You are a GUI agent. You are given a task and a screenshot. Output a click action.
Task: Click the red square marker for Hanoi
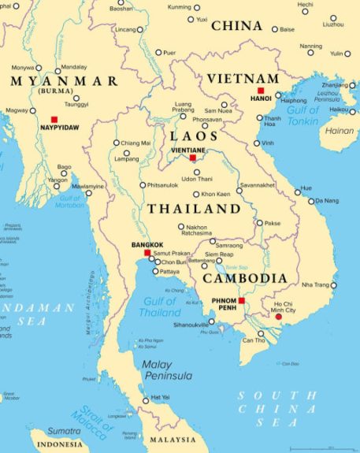point(261,91)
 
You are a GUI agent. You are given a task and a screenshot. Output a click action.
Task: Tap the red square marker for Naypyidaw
point(54,119)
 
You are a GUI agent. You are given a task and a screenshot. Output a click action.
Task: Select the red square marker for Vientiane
point(192,158)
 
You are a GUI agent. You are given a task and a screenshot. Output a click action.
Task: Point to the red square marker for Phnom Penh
point(242,300)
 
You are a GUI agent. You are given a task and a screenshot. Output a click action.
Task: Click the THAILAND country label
point(194,209)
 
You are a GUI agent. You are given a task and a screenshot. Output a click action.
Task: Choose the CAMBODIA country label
point(244,278)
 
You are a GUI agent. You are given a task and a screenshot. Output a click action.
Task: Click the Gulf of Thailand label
point(160,307)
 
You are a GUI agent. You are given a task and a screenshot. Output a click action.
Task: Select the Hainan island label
point(339,131)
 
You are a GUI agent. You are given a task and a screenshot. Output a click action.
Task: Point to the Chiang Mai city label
point(135,143)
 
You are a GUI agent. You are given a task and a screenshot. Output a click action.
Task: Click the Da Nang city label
point(326,201)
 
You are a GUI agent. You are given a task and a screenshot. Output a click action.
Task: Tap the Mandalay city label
point(74,67)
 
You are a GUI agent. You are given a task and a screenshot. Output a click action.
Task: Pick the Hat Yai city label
point(160,397)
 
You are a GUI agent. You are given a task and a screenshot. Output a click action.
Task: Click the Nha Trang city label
point(317,284)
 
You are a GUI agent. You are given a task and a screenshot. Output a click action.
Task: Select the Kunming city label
point(180,6)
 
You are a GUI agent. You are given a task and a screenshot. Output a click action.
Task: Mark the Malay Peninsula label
point(167,370)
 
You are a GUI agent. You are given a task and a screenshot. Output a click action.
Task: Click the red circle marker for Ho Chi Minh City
point(277,317)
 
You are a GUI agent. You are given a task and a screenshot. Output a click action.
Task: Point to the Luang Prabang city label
point(183,109)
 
